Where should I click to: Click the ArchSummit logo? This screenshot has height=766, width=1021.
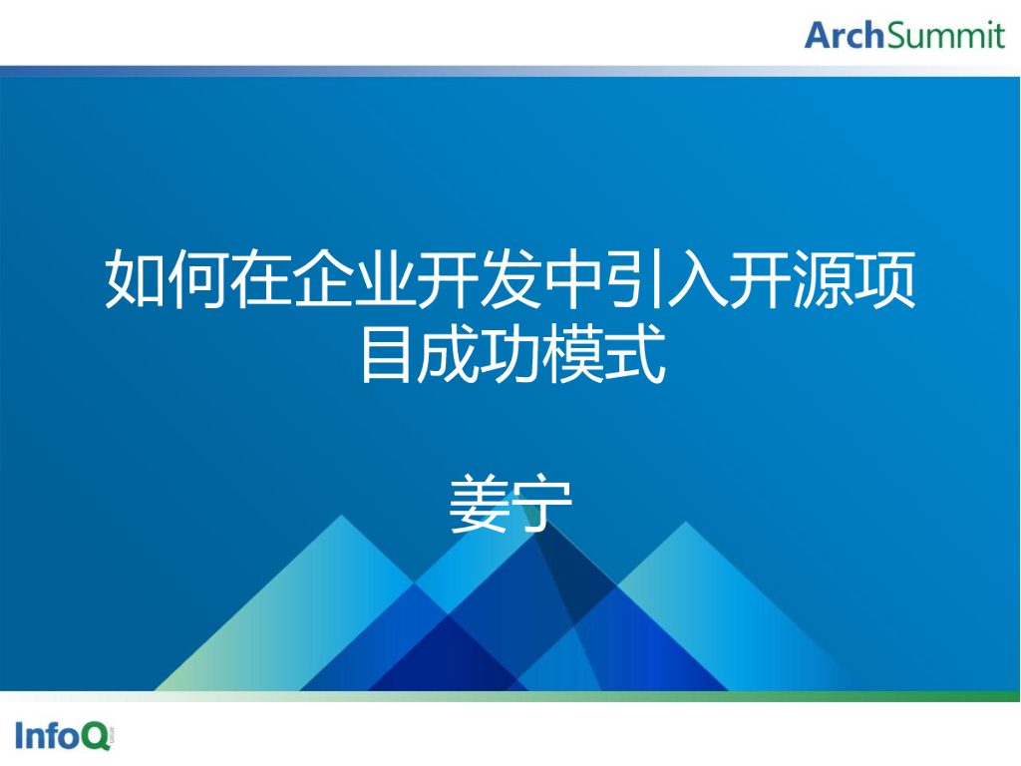coord(904,35)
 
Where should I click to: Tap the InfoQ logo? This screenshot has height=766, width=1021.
coord(63,736)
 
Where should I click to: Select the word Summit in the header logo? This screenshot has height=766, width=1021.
coord(945,35)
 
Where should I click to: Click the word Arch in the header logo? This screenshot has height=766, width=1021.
coord(845,35)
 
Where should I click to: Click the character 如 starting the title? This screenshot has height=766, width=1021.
coord(135,281)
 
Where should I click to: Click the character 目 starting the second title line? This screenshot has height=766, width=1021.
coord(386,356)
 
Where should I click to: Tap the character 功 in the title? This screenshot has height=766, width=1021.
coord(510,356)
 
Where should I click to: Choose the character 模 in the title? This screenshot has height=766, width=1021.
coord(573,356)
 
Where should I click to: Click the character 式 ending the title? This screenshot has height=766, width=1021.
coord(635,356)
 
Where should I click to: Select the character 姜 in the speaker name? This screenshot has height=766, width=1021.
coord(480,506)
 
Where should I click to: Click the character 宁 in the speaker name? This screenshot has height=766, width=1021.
coord(541,506)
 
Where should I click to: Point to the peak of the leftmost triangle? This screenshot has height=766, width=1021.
coord(342,519)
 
